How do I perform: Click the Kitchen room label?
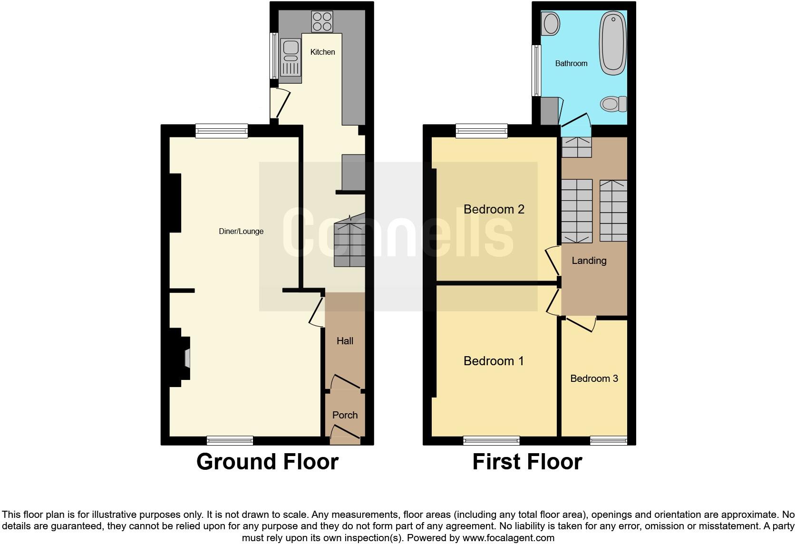[x=322, y=52]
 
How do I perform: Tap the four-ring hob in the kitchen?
[x=322, y=21]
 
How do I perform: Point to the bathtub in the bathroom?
[x=613, y=43]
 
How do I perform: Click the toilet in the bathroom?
[x=613, y=104]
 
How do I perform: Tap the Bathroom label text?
[x=571, y=63]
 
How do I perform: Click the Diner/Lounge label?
[x=241, y=232]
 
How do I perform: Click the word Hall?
[x=345, y=341]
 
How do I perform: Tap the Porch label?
[x=345, y=415]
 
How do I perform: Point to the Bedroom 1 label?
[x=494, y=361]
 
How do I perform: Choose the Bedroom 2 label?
[x=494, y=209]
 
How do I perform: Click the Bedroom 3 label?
[x=594, y=379]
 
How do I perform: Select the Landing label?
[x=589, y=261]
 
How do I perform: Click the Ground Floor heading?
[x=267, y=462]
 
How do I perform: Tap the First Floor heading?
[x=527, y=462]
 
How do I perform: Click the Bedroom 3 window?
[x=609, y=441]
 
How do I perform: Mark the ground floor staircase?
[x=349, y=243]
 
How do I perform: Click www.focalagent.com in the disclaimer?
[x=508, y=538]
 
